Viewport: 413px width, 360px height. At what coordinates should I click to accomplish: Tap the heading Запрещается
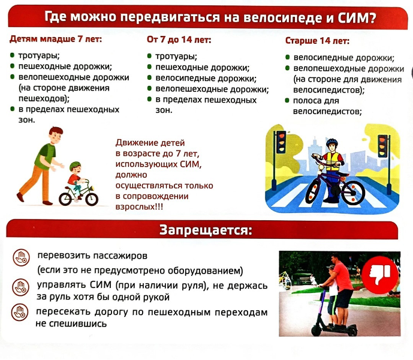click(x=206, y=230)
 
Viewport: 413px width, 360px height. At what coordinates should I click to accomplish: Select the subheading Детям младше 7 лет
click(x=56, y=39)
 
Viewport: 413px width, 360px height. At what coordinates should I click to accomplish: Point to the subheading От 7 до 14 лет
click(x=179, y=40)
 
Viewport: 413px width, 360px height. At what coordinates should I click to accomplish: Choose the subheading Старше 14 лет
click(x=317, y=41)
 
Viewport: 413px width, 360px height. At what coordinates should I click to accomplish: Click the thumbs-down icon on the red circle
click(x=380, y=275)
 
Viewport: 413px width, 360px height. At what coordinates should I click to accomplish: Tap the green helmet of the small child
click(x=75, y=166)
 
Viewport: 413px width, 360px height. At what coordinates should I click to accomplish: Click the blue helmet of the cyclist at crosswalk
click(x=332, y=142)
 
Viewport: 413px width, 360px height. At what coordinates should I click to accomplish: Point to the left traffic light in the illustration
click(x=281, y=142)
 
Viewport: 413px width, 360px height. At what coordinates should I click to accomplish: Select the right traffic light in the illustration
click(x=382, y=146)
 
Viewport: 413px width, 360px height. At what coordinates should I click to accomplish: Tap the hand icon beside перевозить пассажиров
click(x=21, y=257)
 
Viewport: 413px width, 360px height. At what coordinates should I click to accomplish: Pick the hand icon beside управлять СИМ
click(x=20, y=287)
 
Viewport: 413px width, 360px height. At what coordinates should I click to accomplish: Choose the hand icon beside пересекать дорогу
click(x=20, y=312)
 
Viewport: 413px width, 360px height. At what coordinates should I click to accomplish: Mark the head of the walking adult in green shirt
click(x=56, y=135)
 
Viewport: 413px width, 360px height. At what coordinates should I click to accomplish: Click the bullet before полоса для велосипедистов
click(x=288, y=100)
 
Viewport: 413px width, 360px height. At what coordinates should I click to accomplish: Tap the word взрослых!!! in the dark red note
click(x=139, y=206)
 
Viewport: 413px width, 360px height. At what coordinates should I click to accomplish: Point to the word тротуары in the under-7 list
click(x=39, y=56)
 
